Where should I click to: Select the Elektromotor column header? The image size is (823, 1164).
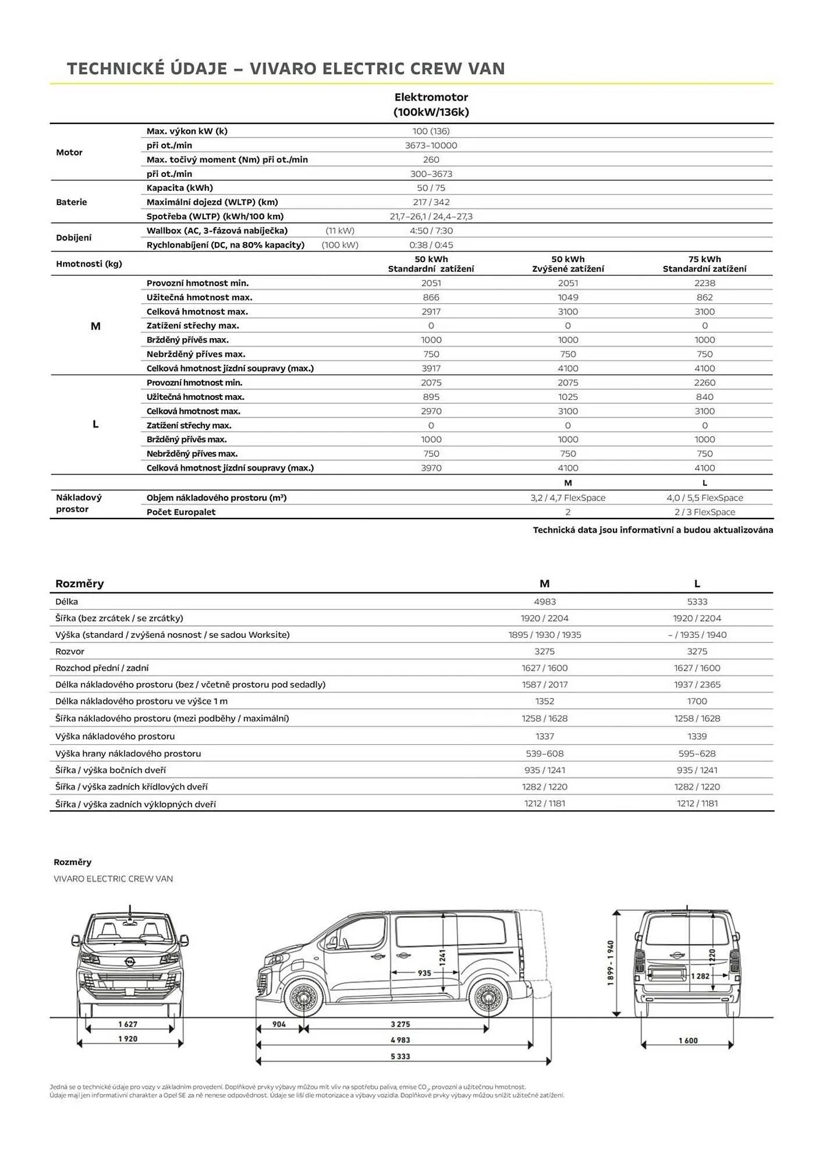tap(431, 105)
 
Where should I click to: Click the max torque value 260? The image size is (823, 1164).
tap(431, 159)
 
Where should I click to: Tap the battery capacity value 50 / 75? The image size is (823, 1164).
tap(431, 188)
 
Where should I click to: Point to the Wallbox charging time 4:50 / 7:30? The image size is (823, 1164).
tap(431, 230)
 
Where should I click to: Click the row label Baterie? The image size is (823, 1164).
tap(72, 202)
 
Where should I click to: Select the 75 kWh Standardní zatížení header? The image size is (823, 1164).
tap(704, 264)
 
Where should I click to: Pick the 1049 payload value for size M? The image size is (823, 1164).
tap(567, 297)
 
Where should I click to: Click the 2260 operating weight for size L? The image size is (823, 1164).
tap(704, 382)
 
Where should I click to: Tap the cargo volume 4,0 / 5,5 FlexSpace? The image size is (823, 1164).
tap(704, 498)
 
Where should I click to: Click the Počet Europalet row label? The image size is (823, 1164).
tap(181, 512)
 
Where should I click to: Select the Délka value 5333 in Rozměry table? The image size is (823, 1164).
tap(697, 602)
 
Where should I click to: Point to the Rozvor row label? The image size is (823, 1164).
tap(70, 651)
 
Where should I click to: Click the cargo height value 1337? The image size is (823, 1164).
tap(544, 736)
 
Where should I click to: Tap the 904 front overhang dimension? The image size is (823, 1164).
tap(279, 1024)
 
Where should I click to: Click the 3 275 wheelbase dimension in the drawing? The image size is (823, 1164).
tap(400, 1024)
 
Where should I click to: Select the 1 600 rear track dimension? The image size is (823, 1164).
tap(687, 1041)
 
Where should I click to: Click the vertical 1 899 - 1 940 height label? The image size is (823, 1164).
tap(611, 964)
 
